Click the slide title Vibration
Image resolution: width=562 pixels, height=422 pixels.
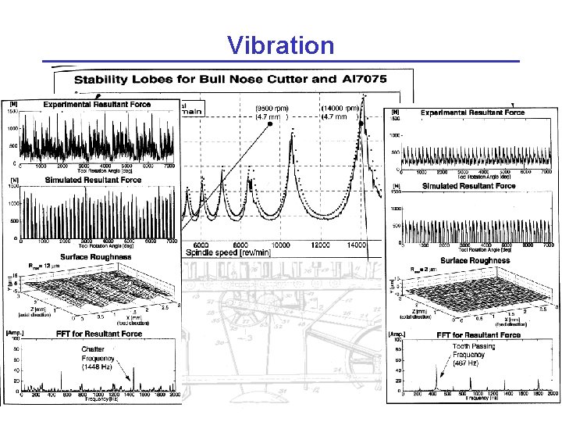(x=281, y=45)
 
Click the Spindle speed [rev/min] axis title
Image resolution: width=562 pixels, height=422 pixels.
(x=228, y=253)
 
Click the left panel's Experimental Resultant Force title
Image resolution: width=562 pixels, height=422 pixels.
(x=97, y=104)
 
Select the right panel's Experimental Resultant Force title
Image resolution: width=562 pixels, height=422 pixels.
(x=473, y=113)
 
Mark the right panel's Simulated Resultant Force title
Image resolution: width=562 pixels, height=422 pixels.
(x=468, y=186)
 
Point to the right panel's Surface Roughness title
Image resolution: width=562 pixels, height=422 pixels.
(x=475, y=260)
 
